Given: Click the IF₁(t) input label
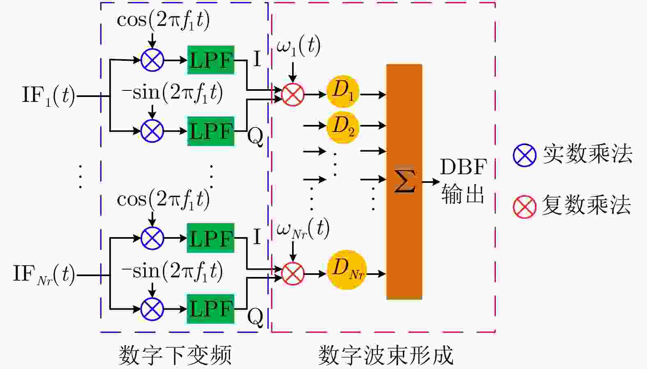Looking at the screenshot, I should pos(48,95).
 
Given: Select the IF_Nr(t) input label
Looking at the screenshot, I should pos(44,274).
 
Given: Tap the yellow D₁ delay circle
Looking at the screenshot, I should pos(343,91).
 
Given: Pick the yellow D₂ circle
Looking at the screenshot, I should pos(343,126).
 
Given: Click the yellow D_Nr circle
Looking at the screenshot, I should pos(347,270).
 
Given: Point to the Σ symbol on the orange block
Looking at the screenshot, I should pos(404,181).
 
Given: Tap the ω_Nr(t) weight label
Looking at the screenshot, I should pos(303,228).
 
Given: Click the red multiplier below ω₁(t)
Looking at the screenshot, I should pos(292,95).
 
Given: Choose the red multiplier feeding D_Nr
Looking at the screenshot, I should pos(292,274).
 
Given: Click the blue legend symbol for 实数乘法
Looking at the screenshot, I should pos(524,155).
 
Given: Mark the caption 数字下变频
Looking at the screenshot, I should pos(175,355).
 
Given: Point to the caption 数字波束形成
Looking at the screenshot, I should pos(385,355).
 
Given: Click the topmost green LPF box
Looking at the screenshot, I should pos(211,60).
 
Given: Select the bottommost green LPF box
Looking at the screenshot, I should pos(211,309).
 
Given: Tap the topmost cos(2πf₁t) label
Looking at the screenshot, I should pos(163,19).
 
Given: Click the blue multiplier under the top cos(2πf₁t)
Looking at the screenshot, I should pos(152,60).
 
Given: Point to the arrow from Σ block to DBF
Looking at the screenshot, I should pos(430,181).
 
